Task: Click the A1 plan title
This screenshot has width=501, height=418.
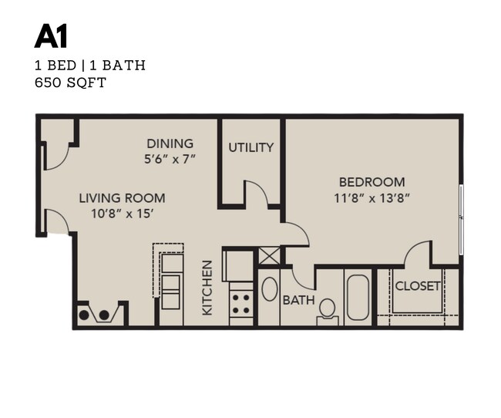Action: pyautogui.click(x=50, y=36)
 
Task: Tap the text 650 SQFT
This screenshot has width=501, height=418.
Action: pyautogui.click(x=70, y=83)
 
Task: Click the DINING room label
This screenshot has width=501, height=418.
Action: pyautogui.click(x=170, y=143)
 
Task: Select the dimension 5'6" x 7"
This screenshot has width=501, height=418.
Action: pyautogui.click(x=171, y=159)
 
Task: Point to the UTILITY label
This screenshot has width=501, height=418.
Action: pyautogui.click(x=251, y=147)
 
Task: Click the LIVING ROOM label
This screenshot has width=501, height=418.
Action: pyautogui.click(x=122, y=198)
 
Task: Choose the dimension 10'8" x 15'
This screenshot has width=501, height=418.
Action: pyautogui.click(x=122, y=214)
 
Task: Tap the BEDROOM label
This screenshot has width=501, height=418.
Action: pyautogui.click(x=372, y=182)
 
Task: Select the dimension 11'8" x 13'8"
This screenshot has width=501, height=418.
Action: pyautogui.click(x=372, y=197)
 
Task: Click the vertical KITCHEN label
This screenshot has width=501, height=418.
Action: pyautogui.click(x=207, y=288)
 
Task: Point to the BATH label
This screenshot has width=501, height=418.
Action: pyautogui.click(x=298, y=300)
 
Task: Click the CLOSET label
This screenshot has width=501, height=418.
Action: pyautogui.click(x=417, y=286)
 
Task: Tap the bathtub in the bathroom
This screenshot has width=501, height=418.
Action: pyautogui.click(x=358, y=297)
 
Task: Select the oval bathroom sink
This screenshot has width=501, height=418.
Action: pyautogui.click(x=270, y=289)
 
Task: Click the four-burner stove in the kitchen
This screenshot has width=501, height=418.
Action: pyautogui.click(x=242, y=301)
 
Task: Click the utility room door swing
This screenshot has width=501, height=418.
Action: pyautogui.click(x=257, y=194)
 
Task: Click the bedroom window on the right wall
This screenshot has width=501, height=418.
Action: pyautogui.click(x=461, y=220)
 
